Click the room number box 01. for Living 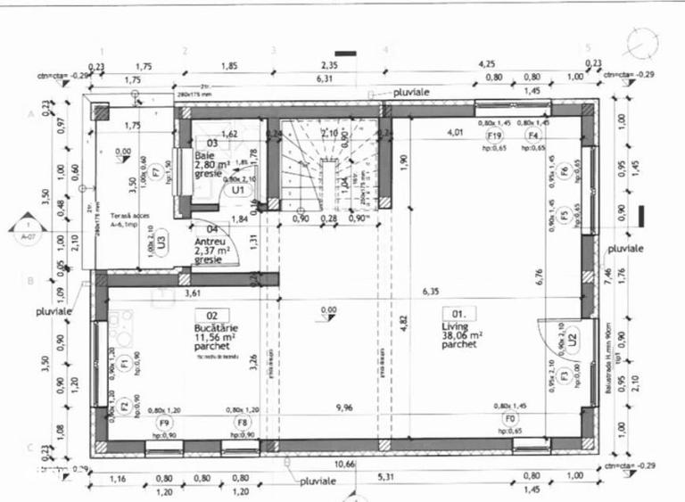(x=464, y=314)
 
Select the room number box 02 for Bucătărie (x=211, y=315)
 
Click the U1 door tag (x=237, y=190)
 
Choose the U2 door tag (x=573, y=338)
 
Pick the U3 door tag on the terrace (x=161, y=240)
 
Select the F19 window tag (x=497, y=135)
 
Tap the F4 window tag (x=533, y=135)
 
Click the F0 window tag (x=509, y=418)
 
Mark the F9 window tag (x=164, y=422)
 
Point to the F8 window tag (x=242, y=422)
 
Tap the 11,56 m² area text (x=213, y=338)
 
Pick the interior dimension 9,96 (x=343, y=408)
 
